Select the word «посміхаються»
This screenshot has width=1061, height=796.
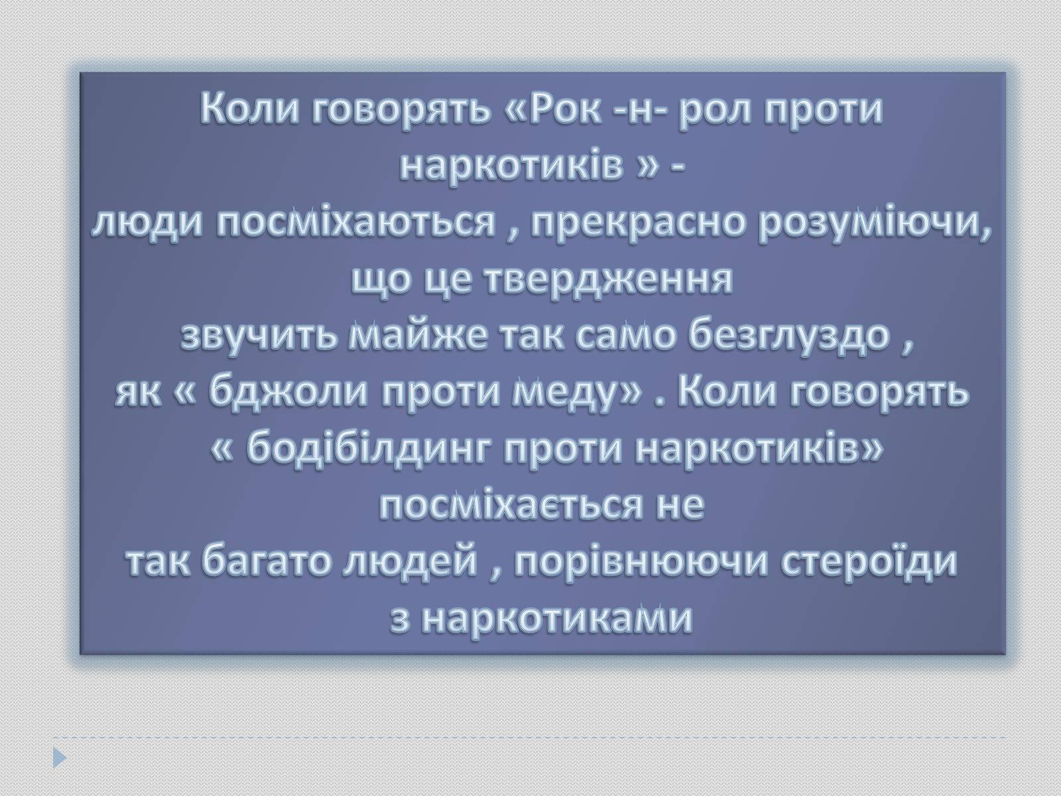355,224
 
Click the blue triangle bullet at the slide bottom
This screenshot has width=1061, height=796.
60,758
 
